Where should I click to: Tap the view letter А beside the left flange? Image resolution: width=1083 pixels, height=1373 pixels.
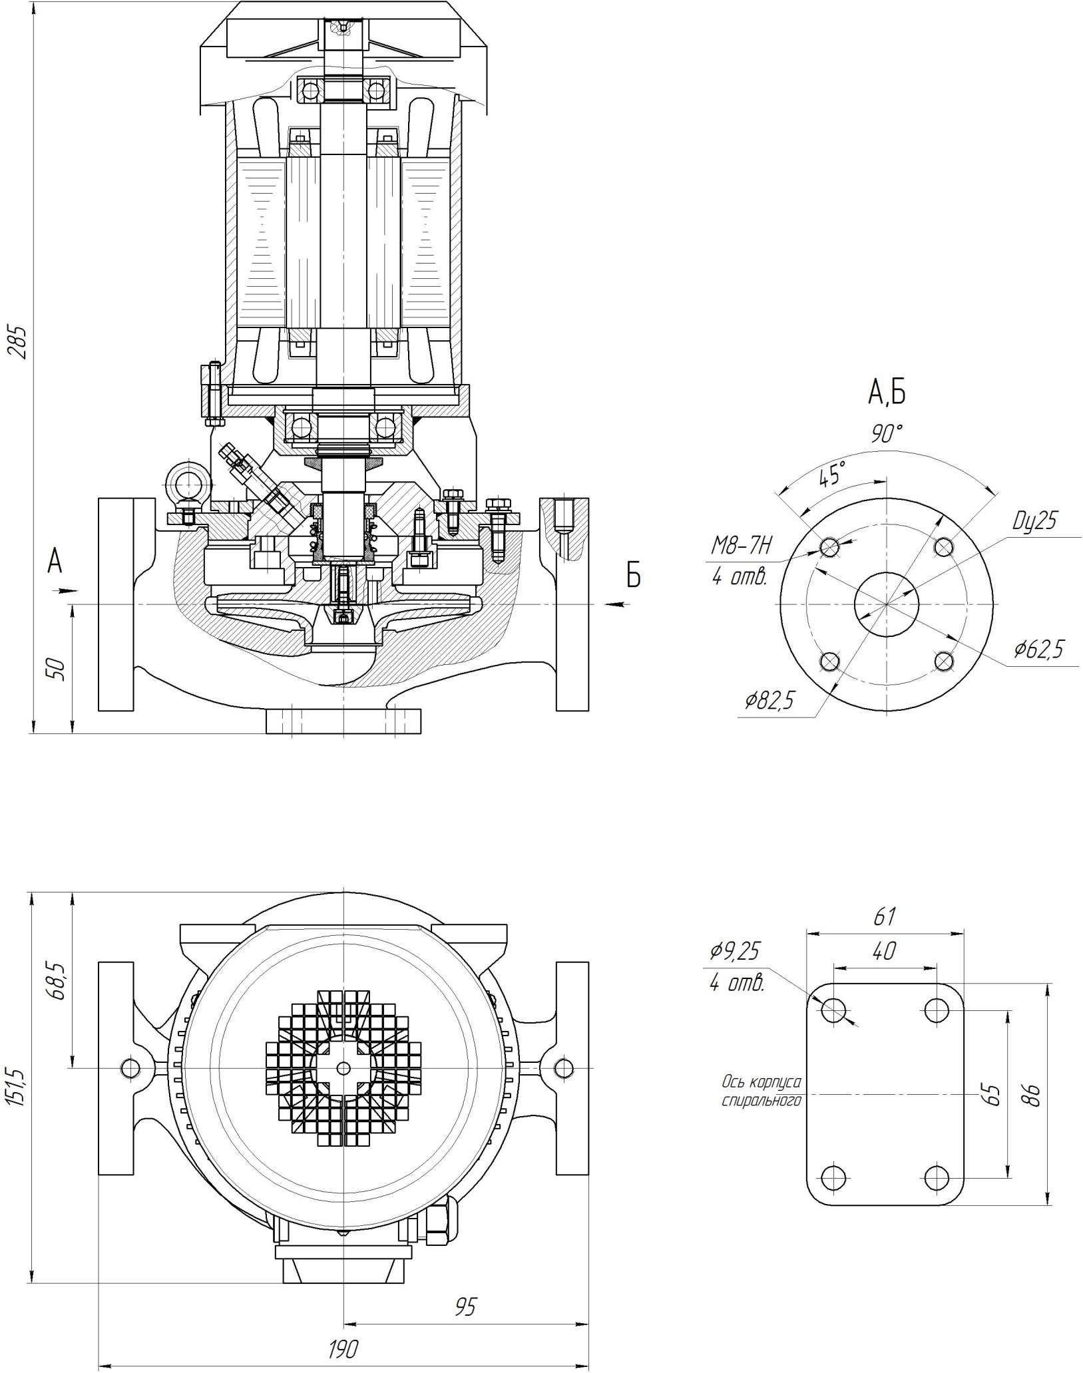coord(55,562)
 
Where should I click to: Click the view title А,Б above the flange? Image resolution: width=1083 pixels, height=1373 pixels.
coord(886,393)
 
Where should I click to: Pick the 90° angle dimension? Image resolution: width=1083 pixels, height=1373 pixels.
coord(887,435)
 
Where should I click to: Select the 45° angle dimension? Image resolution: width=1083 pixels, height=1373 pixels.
coord(831,475)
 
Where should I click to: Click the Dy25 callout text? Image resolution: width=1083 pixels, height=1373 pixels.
coord(1034,520)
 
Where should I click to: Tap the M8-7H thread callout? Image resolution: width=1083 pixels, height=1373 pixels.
coord(741,547)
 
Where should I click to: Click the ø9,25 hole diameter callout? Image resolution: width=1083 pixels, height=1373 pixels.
coord(734,951)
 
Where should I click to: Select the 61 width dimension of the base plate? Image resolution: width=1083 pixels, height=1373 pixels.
coord(884,916)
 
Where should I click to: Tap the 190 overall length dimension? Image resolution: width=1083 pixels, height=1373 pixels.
coord(343,1349)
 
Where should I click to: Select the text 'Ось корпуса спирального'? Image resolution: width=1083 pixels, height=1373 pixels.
coord(761,1091)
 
